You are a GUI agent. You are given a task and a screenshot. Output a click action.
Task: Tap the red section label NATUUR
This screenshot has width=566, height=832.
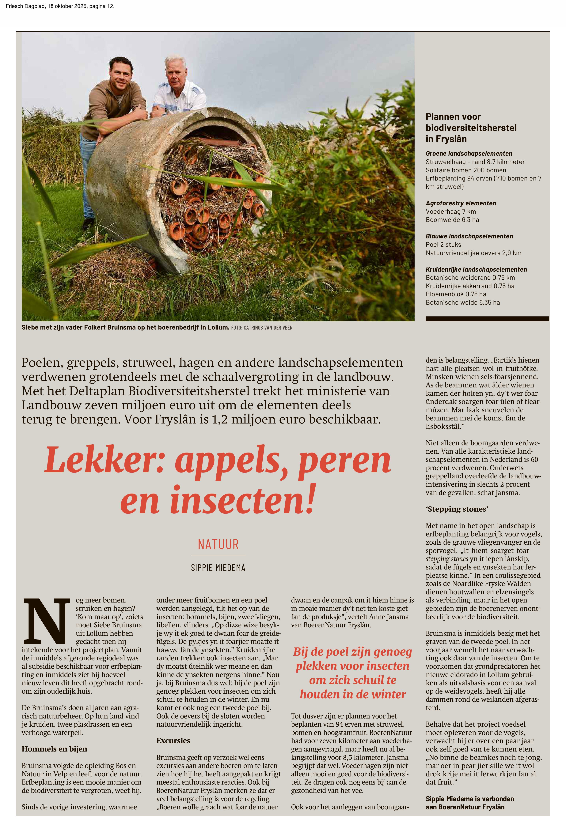pyautogui.click(x=218, y=545)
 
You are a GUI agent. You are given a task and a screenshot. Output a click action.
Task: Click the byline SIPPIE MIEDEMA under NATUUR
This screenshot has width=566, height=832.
pyautogui.click(x=218, y=568)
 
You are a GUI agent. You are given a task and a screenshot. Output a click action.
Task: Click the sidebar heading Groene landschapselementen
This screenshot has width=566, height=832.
pyautogui.click(x=469, y=154)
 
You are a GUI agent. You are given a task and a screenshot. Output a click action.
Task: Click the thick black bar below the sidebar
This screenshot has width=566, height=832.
pyautogui.click(x=487, y=319)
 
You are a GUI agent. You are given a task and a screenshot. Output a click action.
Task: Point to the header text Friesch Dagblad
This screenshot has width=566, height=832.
pyautogui.click(x=25, y=6)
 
